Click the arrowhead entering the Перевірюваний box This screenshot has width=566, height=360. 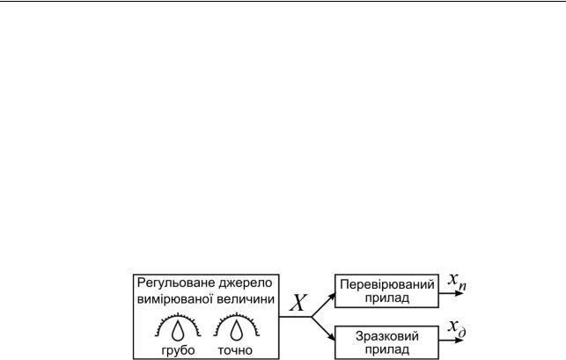click(x=330, y=292)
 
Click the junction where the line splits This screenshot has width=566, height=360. click(x=312, y=316)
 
